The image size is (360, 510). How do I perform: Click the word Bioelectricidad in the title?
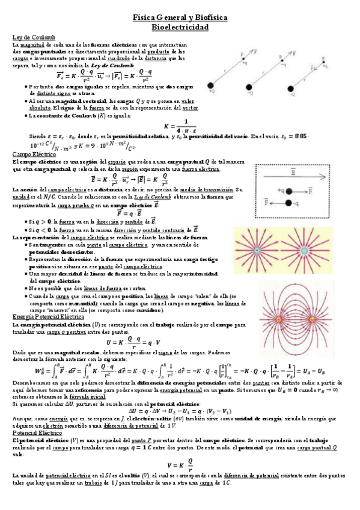(180, 28)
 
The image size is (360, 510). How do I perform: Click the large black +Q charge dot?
(212, 86)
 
